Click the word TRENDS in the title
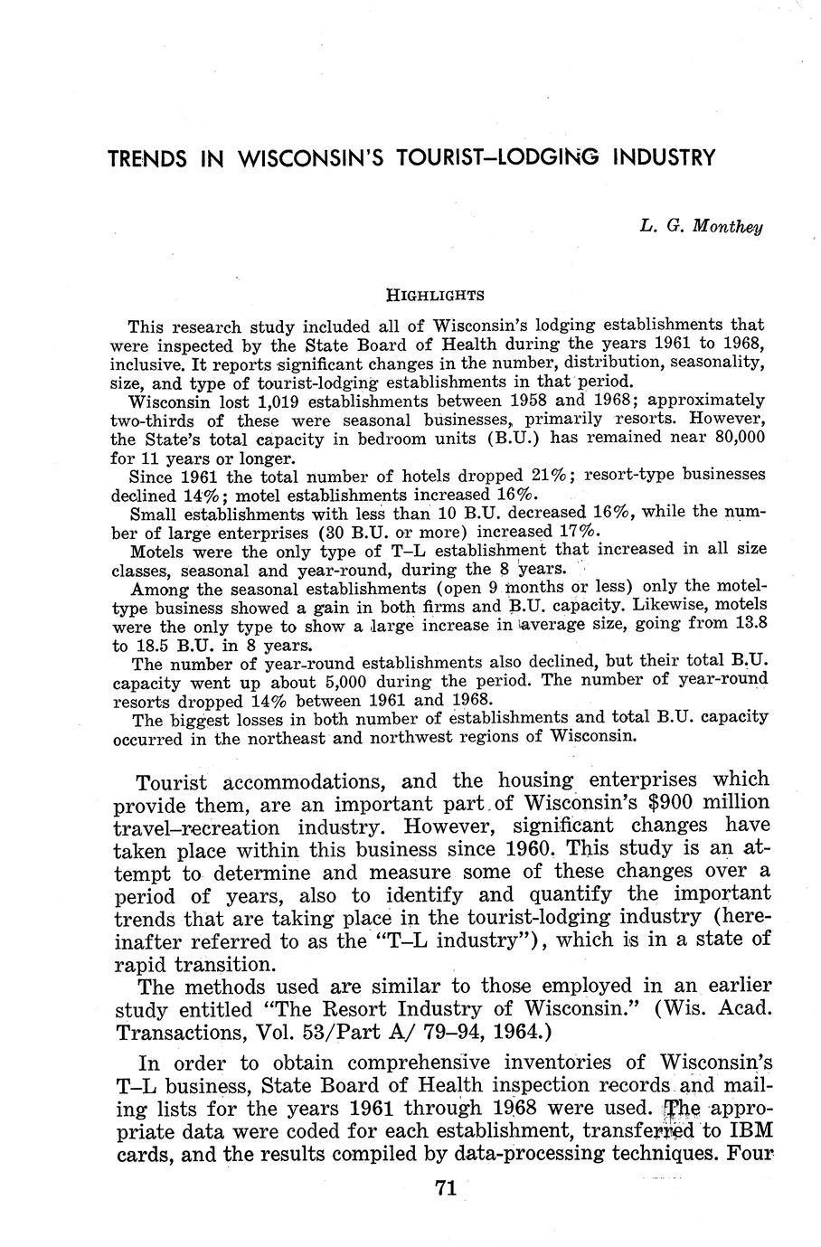[x=147, y=158]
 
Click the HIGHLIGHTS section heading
[x=435, y=295]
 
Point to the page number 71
[x=444, y=1190]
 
